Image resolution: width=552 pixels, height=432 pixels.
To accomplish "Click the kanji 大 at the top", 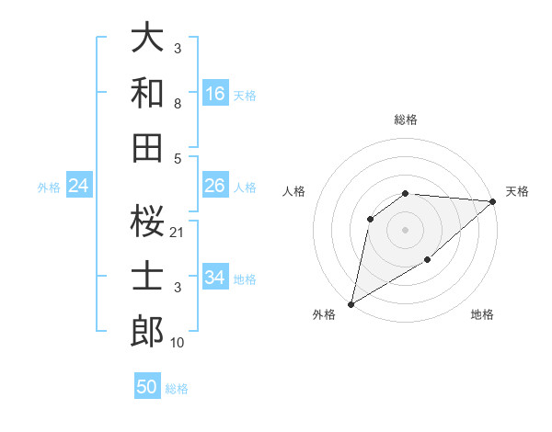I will (147, 38).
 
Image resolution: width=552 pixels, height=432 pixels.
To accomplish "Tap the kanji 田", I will (147, 147).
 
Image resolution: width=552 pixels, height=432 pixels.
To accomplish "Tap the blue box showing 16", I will (215, 94).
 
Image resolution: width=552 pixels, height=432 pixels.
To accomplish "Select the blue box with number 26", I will (215, 187).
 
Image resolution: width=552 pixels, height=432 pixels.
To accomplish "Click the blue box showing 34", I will (215, 278).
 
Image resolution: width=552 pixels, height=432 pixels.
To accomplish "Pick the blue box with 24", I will (79, 187).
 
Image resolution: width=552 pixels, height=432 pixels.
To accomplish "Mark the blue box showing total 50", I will (147, 387).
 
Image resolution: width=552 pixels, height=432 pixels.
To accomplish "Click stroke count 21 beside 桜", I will (178, 233).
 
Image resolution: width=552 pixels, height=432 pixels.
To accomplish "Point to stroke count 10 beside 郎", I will (178, 343).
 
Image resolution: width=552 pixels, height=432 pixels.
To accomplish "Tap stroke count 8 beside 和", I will (177, 104).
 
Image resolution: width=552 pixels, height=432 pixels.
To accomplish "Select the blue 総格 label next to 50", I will (177, 389).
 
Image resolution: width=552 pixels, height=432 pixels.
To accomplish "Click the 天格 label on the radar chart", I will (517, 191).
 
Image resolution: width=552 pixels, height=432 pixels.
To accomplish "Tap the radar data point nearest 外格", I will (351, 304).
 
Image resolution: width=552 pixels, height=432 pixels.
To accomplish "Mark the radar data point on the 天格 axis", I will (494, 202).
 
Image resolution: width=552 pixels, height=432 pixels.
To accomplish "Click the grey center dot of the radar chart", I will (405, 229).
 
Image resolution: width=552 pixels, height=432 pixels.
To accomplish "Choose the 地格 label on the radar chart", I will (482, 315).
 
